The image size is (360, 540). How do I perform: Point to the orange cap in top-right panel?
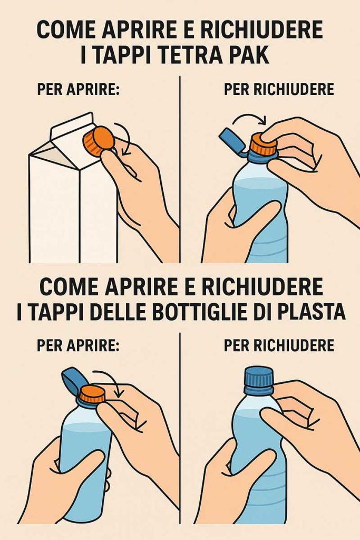tap(263, 145)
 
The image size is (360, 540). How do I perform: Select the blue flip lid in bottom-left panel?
tap(72, 381)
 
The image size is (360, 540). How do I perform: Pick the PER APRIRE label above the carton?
tap(79, 89)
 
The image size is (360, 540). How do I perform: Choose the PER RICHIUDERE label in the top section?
tap(279, 89)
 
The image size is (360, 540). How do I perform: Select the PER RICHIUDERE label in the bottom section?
tap(279, 345)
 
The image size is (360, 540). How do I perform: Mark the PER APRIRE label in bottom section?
tap(79, 345)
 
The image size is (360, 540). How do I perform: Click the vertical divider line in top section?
tap(180, 169)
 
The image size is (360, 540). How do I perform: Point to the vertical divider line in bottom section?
tap(180, 427)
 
